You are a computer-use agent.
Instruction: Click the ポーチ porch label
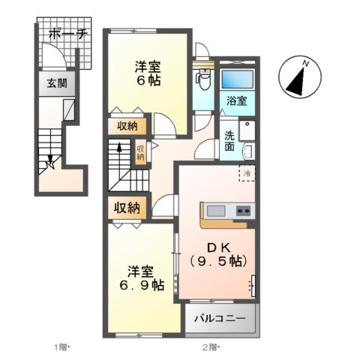coord(67,34)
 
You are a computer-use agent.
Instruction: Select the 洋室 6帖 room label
coord(146,73)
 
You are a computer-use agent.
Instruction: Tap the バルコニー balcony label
coord(220,318)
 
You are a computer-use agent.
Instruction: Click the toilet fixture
coord(202,79)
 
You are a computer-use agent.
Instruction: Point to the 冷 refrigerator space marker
coord(245,173)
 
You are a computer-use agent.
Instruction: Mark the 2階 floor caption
coord(209,347)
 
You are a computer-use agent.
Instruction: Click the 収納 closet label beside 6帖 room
coord(126,126)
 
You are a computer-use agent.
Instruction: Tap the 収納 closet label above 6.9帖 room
coord(127,208)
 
